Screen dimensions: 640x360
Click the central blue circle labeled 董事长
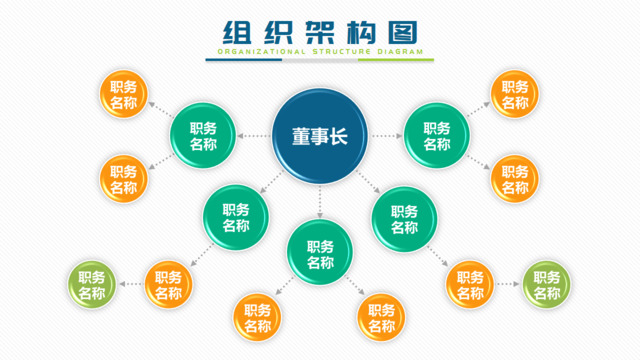coord(320,135)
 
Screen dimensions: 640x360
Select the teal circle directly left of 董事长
coord(204,135)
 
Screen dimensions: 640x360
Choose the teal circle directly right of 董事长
coord(436,135)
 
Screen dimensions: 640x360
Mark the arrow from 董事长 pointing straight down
coord(320,205)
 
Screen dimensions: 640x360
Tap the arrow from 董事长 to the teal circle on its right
coord(384,135)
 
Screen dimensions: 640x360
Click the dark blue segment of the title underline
coord(244,59)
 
